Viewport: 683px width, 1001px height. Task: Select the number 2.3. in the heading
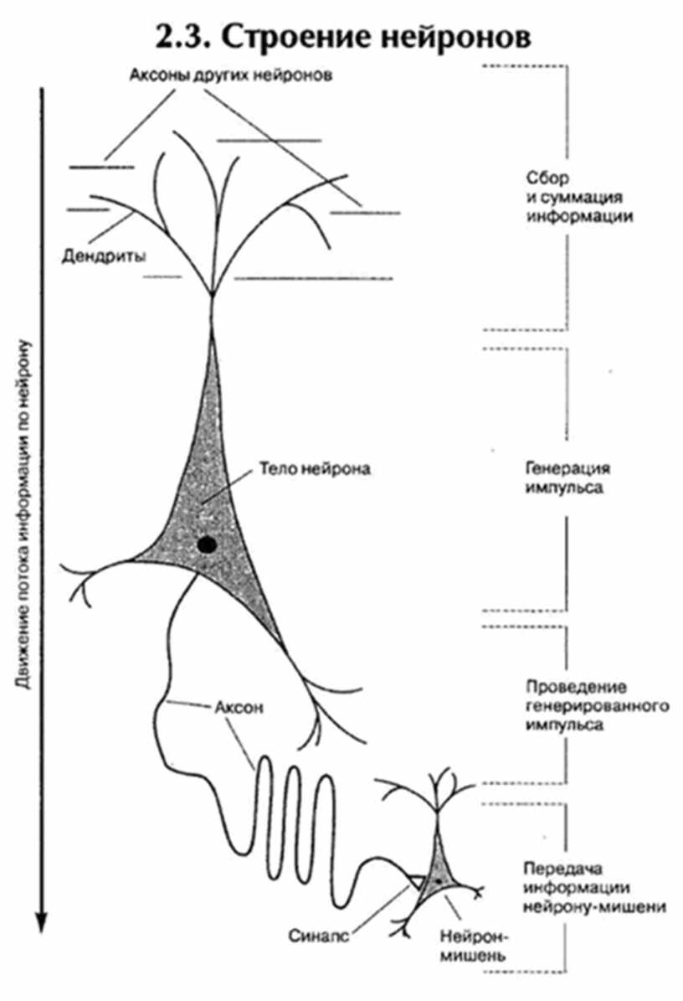(188, 38)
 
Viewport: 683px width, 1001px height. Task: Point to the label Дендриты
(104, 256)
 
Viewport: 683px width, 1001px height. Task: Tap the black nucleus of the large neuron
(207, 545)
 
